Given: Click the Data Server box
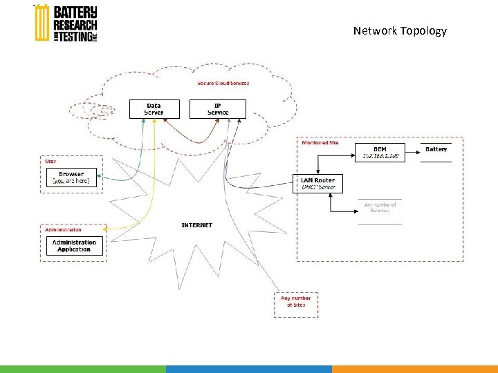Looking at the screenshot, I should point(154,109).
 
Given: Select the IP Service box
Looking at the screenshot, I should point(217,109).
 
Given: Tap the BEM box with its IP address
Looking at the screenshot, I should point(380,153).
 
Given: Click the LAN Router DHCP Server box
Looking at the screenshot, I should point(317,183).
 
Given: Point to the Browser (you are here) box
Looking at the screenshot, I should point(71,178).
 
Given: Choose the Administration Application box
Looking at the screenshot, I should point(75,246).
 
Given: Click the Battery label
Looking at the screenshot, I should point(436,149).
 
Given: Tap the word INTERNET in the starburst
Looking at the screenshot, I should point(197,225).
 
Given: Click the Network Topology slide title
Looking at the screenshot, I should point(400,31).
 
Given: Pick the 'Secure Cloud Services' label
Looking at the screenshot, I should point(223,84).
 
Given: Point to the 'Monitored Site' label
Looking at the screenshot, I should point(320,143).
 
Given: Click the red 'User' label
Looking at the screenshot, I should point(50,161).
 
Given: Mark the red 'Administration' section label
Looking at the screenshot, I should point(64,229).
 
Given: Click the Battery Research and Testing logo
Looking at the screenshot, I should point(66,23).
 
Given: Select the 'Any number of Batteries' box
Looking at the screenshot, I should point(380,208).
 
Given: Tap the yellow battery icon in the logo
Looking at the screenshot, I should point(41,23).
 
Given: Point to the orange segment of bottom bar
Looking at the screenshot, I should point(415,369).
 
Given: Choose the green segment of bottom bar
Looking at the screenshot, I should point(83,369).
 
